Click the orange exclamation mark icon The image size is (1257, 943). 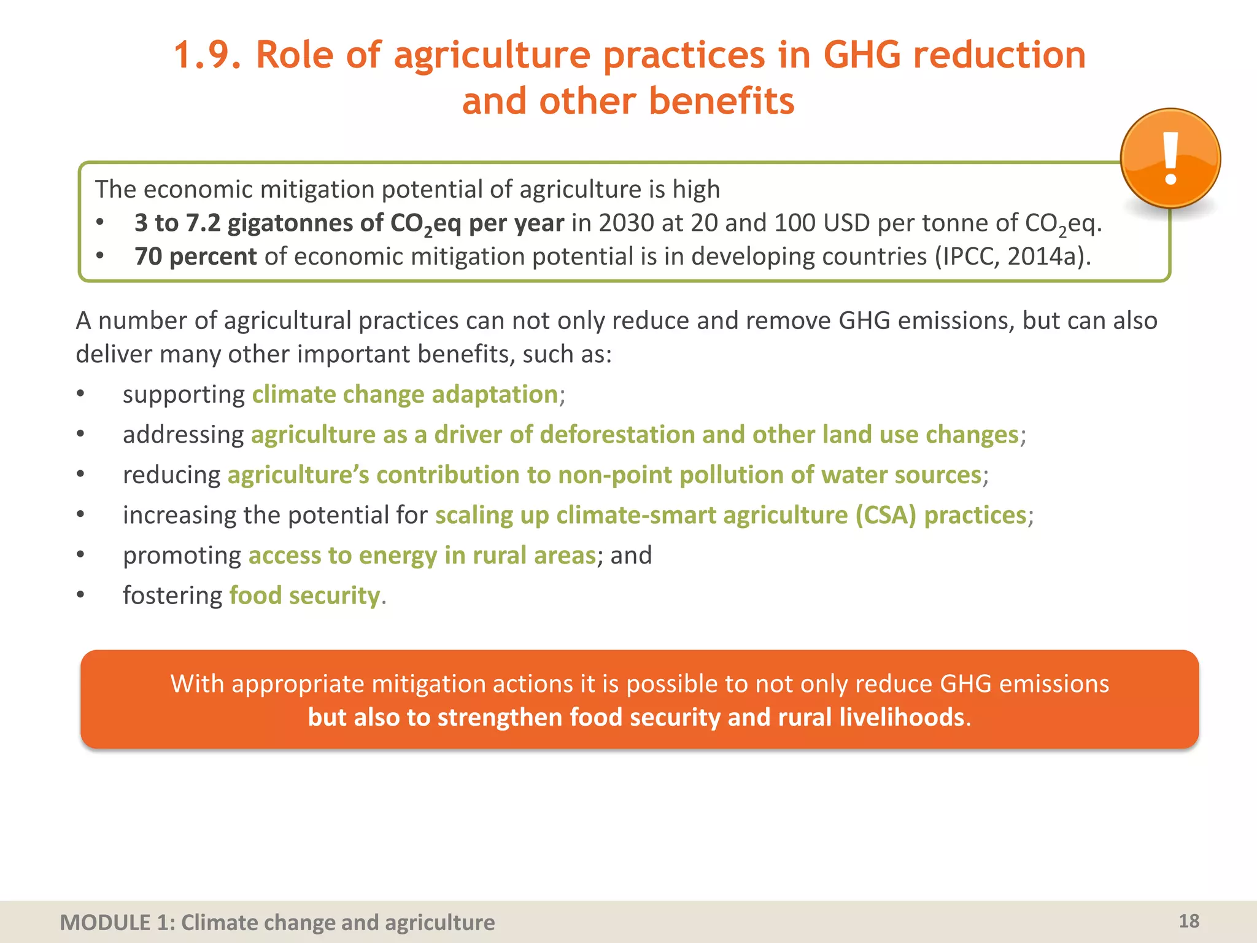pyautogui.click(x=1170, y=159)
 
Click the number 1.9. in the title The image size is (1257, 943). pyautogui.click(x=207, y=55)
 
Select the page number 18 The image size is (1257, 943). pyautogui.click(x=1189, y=921)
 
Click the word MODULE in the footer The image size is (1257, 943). pyautogui.click(x=105, y=923)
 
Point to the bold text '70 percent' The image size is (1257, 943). pyautogui.click(x=195, y=257)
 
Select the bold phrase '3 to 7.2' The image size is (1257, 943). pyautogui.click(x=177, y=223)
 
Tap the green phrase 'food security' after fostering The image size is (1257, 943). pyautogui.click(x=304, y=596)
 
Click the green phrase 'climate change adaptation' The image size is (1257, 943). pyautogui.click(x=404, y=394)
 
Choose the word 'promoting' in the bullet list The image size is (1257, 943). pyautogui.click(x=182, y=556)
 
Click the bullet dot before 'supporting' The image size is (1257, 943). pyautogui.click(x=80, y=394)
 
